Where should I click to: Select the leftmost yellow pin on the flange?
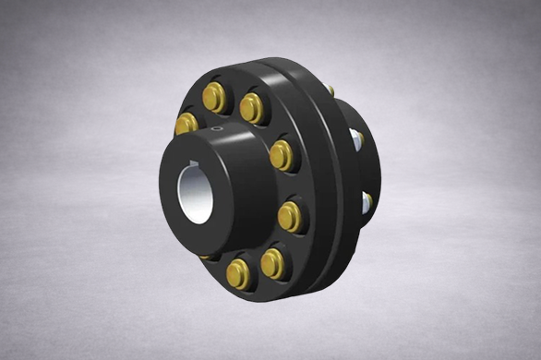187,123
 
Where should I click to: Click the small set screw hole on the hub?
218,130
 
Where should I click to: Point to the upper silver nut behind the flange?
355,140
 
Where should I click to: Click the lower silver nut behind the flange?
367,199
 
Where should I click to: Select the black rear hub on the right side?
369,166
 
